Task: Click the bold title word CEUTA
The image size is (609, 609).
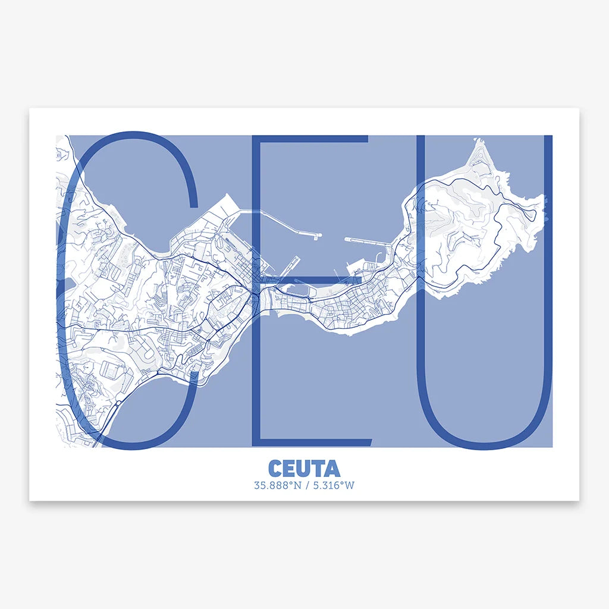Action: [304, 468]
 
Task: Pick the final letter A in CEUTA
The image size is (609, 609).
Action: [332, 468]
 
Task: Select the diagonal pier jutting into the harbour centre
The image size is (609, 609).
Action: [294, 262]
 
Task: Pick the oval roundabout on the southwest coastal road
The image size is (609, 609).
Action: [118, 403]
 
